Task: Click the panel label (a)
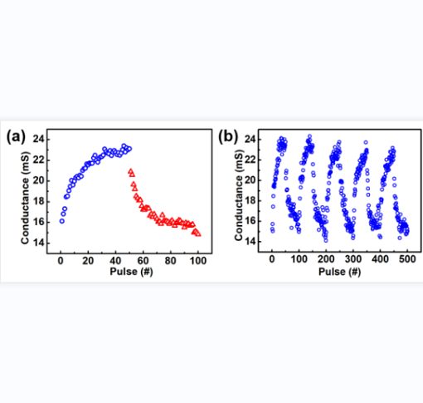point(16,137)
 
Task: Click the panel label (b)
point(228,137)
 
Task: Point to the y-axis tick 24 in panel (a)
point(38,140)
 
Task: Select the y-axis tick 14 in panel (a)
point(38,243)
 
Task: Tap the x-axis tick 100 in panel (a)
point(198,261)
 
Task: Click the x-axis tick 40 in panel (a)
point(115,261)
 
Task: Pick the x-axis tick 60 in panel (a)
point(143,261)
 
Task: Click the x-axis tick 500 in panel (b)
point(407,259)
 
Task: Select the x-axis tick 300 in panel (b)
point(353,259)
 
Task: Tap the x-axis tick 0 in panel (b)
point(272,259)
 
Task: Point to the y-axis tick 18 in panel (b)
point(250,201)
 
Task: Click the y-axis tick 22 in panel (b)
point(250,160)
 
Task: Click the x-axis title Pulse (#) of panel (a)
point(131,272)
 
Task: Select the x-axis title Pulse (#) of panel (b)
point(340,272)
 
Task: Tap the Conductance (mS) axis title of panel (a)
point(25,198)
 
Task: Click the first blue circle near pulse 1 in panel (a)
point(62,221)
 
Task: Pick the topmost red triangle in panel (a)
point(130,171)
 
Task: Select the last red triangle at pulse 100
point(198,234)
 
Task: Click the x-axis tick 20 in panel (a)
point(88,261)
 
